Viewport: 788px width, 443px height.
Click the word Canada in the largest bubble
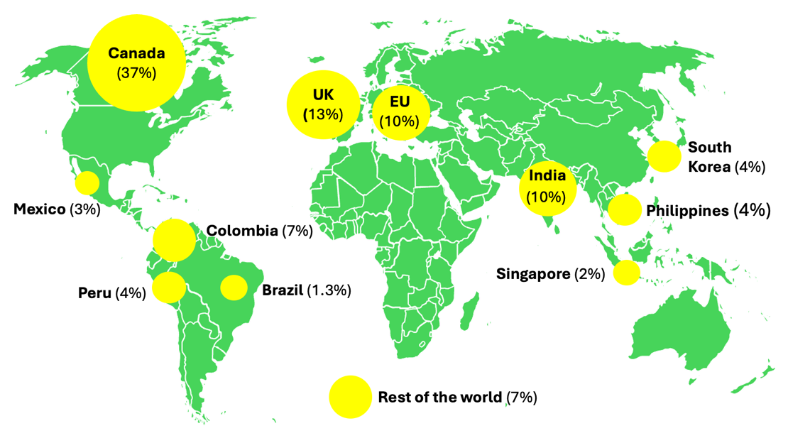point(136,53)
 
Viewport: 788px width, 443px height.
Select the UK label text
point(323,94)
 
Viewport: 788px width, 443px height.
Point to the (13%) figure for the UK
point(323,114)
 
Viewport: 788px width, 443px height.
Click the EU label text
point(400,101)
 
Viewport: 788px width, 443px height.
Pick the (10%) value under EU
point(400,121)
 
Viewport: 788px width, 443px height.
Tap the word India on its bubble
point(547,176)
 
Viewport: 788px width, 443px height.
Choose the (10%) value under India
point(547,197)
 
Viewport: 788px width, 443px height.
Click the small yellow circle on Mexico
point(87,183)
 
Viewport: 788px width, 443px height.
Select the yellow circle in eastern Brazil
point(234,288)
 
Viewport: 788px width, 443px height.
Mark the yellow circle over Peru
point(169,287)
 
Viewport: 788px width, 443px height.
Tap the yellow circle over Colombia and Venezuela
point(173,240)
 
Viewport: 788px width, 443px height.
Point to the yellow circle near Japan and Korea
point(664,156)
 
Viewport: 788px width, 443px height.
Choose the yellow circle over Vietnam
point(625,209)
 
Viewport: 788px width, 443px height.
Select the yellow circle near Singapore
point(626,273)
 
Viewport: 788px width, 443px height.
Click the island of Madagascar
point(469,312)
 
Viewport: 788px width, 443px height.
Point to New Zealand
point(756,376)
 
